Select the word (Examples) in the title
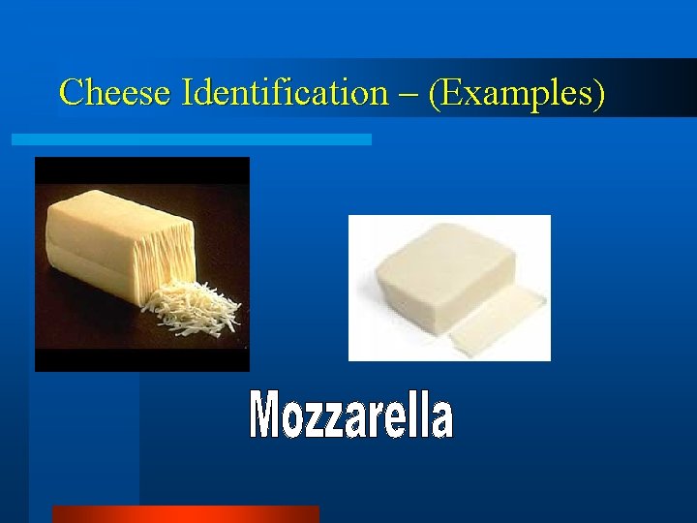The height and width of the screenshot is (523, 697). (518, 93)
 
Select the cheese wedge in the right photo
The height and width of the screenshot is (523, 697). (436, 276)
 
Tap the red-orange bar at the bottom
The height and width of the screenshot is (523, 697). (185, 513)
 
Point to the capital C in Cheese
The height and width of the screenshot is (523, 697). (71, 93)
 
